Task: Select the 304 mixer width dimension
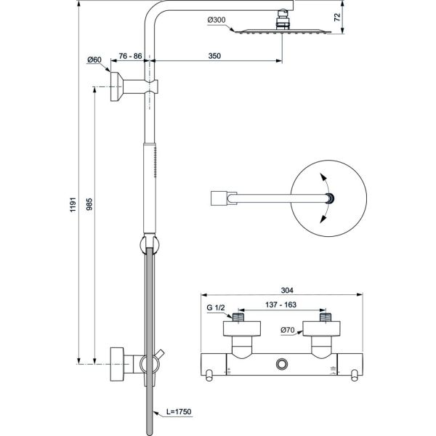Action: [282, 287]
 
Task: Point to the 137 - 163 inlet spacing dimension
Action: [282, 305]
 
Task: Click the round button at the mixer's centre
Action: [281, 363]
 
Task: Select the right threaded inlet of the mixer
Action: [327, 318]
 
